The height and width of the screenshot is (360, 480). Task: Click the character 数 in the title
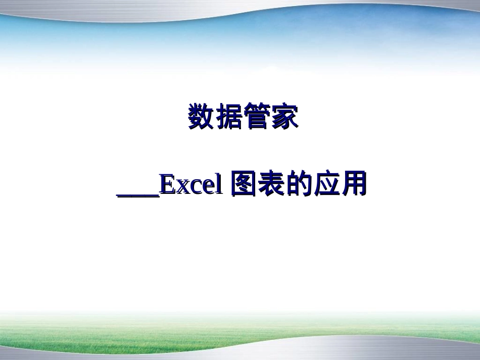(201, 117)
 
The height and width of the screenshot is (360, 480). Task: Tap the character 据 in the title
(228, 117)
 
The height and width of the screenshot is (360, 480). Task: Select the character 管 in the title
(257, 117)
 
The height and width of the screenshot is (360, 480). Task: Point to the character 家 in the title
(284, 117)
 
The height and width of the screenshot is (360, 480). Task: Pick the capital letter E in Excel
(167, 185)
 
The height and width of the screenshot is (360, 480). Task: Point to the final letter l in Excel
(218, 185)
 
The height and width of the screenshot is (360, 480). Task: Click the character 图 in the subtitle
(243, 185)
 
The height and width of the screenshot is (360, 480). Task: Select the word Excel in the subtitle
(191, 186)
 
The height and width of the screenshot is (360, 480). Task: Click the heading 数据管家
(243, 117)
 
